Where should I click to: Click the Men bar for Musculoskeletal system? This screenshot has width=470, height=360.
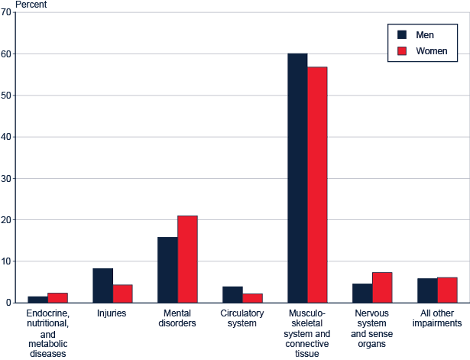click(x=297, y=178)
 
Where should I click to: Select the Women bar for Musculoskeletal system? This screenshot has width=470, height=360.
click(x=317, y=185)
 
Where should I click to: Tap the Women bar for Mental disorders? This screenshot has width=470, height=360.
click(x=187, y=259)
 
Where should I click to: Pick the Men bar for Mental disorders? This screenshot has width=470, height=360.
click(x=167, y=270)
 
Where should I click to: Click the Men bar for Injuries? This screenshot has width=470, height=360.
click(x=103, y=285)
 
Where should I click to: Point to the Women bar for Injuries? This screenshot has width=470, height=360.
click(x=123, y=294)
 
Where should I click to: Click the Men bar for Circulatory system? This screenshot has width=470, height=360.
click(x=232, y=294)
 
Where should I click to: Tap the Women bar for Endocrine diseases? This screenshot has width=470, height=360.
click(x=58, y=297)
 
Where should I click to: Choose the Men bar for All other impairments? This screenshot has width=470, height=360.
click(x=427, y=290)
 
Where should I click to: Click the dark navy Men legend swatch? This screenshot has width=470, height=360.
click(x=402, y=35)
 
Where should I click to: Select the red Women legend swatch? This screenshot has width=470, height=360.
click(x=402, y=52)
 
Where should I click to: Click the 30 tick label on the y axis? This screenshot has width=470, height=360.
click(x=7, y=178)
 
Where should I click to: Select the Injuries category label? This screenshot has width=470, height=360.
click(x=112, y=313)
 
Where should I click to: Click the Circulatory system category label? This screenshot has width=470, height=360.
click(x=242, y=318)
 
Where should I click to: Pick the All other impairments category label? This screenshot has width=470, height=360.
click(x=436, y=318)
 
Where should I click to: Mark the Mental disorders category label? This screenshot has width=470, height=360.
click(x=177, y=318)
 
